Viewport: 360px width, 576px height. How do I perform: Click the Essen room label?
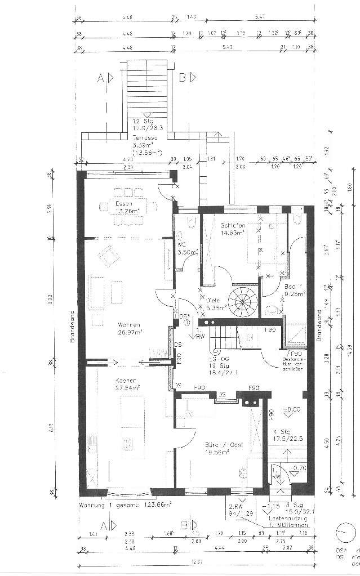click(x=124, y=203)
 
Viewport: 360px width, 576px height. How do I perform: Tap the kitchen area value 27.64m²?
click(x=128, y=388)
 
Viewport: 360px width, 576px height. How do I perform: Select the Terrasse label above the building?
click(x=145, y=137)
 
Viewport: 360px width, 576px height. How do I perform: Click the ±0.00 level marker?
click(x=291, y=409)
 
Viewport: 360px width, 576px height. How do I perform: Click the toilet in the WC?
click(x=191, y=226)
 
